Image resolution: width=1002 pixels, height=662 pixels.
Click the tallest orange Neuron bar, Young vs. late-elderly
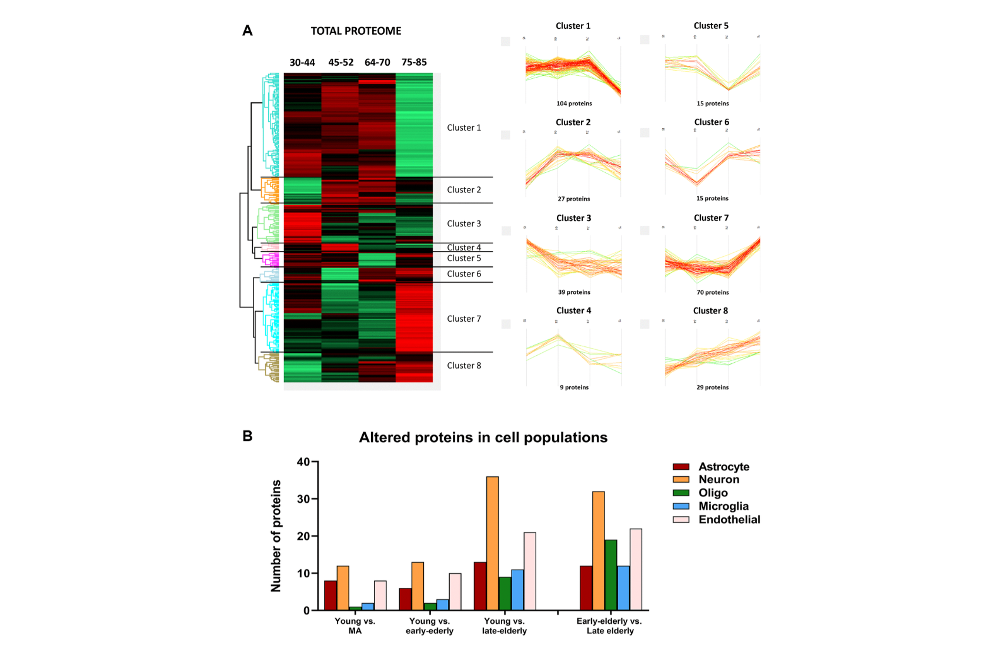click(x=492, y=543)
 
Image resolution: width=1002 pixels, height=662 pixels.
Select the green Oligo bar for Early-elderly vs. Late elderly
click(x=610, y=575)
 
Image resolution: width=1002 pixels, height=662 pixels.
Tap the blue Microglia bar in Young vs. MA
click(x=368, y=607)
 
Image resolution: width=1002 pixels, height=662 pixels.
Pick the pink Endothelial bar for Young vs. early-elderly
click(x=455, y=591)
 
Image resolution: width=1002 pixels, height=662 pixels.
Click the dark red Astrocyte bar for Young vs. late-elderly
click(x=480, y=586)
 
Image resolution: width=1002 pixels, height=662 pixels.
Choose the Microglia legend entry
click(x=723, y=506)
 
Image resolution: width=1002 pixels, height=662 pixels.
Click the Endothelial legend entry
click(x=729, y=520)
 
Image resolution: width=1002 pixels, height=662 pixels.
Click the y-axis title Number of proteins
click(x=276, y=536)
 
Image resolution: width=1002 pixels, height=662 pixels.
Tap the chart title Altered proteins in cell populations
click(x=483, y=437)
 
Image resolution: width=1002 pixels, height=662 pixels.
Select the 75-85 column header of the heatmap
click(x=414, y=62)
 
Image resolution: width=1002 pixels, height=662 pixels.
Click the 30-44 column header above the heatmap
click(x=302, y=62)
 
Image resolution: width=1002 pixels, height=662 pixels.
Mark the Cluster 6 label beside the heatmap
click(x=463, y=274)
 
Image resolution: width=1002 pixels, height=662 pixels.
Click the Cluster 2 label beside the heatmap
click(x=463, y=190)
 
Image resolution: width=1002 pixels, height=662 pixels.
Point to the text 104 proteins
click(x=574, y=103)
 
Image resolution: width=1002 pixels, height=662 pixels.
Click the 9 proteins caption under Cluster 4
click(x=574, y=387)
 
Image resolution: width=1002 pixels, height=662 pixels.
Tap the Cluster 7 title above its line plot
click(x=711, y=218)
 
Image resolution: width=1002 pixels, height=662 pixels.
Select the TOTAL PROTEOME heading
click(x=356, y=31)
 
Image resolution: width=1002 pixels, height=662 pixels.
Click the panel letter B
click(x=248, y=436)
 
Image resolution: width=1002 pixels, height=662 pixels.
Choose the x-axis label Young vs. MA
click(x=355, y=626)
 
